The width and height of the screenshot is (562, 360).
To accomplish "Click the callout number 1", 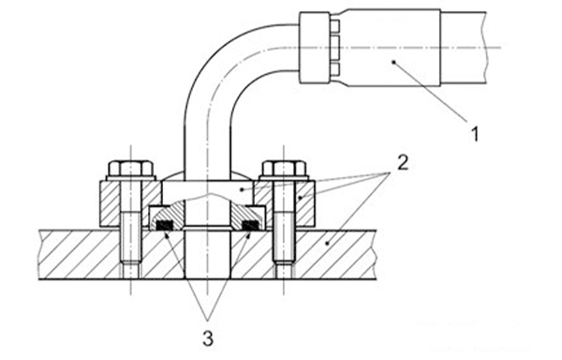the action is pyautogui.click(x=475, y=134).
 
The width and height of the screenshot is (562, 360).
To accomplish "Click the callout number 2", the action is pyautogui.click(x=403, y=162).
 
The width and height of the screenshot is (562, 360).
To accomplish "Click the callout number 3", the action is pyautogui.click(x=208, y=338).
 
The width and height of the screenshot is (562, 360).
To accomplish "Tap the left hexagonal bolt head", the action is pyautogui.click(x=131, y=168).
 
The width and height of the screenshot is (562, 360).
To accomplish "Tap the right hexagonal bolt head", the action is pyautogui.click(x=284, y=168).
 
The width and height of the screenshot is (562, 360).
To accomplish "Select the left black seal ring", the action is pyautogui.click(x=165, y=225).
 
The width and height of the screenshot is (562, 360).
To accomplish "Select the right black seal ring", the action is pyautogui.click(x=251, y=225).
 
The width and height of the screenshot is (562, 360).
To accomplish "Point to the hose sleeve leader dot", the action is pyautogui.click(x=393, y=62).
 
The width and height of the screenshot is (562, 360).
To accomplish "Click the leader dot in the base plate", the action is pyautogui.click(x=327, y=244).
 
